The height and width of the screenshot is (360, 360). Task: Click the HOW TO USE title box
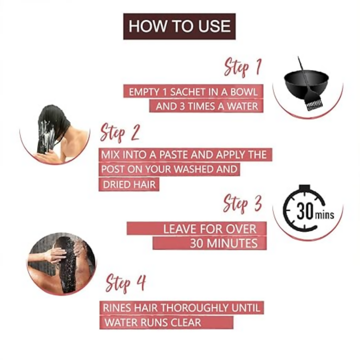(180, 26)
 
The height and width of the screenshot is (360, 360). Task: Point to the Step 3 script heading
(243, 204)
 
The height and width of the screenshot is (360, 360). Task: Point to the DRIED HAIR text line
(129, 184)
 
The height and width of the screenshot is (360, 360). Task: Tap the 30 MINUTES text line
(224, 243)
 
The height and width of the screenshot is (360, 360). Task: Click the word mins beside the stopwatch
(324, 215)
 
